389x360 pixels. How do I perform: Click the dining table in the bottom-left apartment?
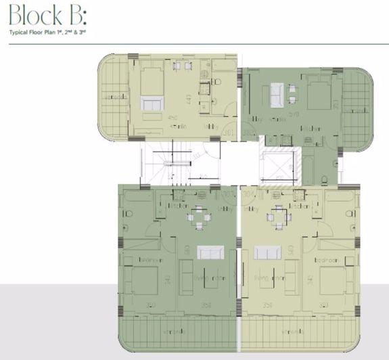(x=198, y=217)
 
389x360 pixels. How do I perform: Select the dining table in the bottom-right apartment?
(x=278, y=217)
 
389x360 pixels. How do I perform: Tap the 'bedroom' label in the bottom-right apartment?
(x=325, y=259)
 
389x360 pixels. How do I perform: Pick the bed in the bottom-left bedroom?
(x=143, y=279)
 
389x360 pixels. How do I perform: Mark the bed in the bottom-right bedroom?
(x=332, y=279)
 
